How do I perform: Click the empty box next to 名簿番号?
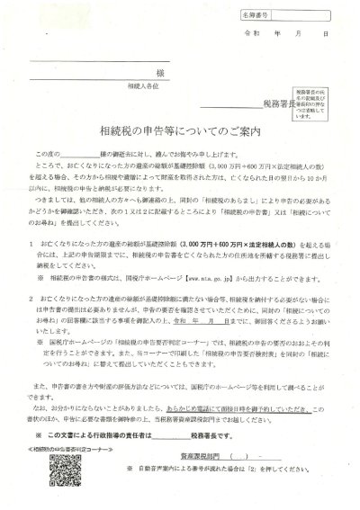coord(301,15)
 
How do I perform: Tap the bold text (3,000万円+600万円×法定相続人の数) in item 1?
coord(207,268)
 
